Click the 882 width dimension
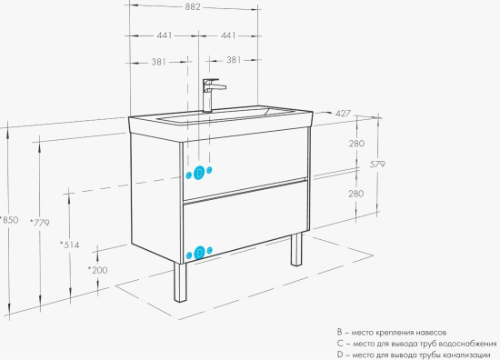pyautogui.click(x=193, y=6)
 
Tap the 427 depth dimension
pyautogui.click(x=343, y=114)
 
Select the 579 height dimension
pyautogui.click(x=377, y=165)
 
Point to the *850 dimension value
pyautogui.click(x=9, y=220)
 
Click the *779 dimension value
pyautogui.click(x=40, y=222)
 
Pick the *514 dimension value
pyautogui.click(x=69, y=245)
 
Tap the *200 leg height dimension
pyautogui.click(x=97, y=270)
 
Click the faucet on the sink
pyautogui.click(x=211, y=95)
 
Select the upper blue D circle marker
pyautogui.click(x=199, y=173)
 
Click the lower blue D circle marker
pyautogui.click(x=199, y=253)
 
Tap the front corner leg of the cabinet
pyautogui.click(x=180, y=282)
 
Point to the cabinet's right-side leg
pyautogui.click(x=296, y=249)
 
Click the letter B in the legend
pyautogui.click(x=340, y=332)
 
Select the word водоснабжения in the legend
pyautogui.click(x=467, y=344)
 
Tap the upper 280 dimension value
pyautogui.click(x=356, y=144)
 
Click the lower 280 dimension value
pyautogui.click(x=355, y=194)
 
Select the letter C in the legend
pyautogui.click(x=340, y=344)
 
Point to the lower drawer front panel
pyautogui.click(x=245, y=220)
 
